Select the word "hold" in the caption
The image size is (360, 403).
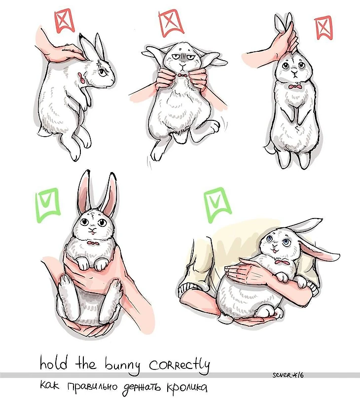54,363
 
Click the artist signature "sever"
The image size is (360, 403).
282,375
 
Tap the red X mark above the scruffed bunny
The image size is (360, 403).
64,21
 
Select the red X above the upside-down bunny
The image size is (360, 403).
171,23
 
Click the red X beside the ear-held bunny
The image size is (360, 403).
324,27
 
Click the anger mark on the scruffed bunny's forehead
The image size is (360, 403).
99,63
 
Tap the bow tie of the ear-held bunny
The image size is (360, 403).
295,87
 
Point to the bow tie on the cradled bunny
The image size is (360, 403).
282,262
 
